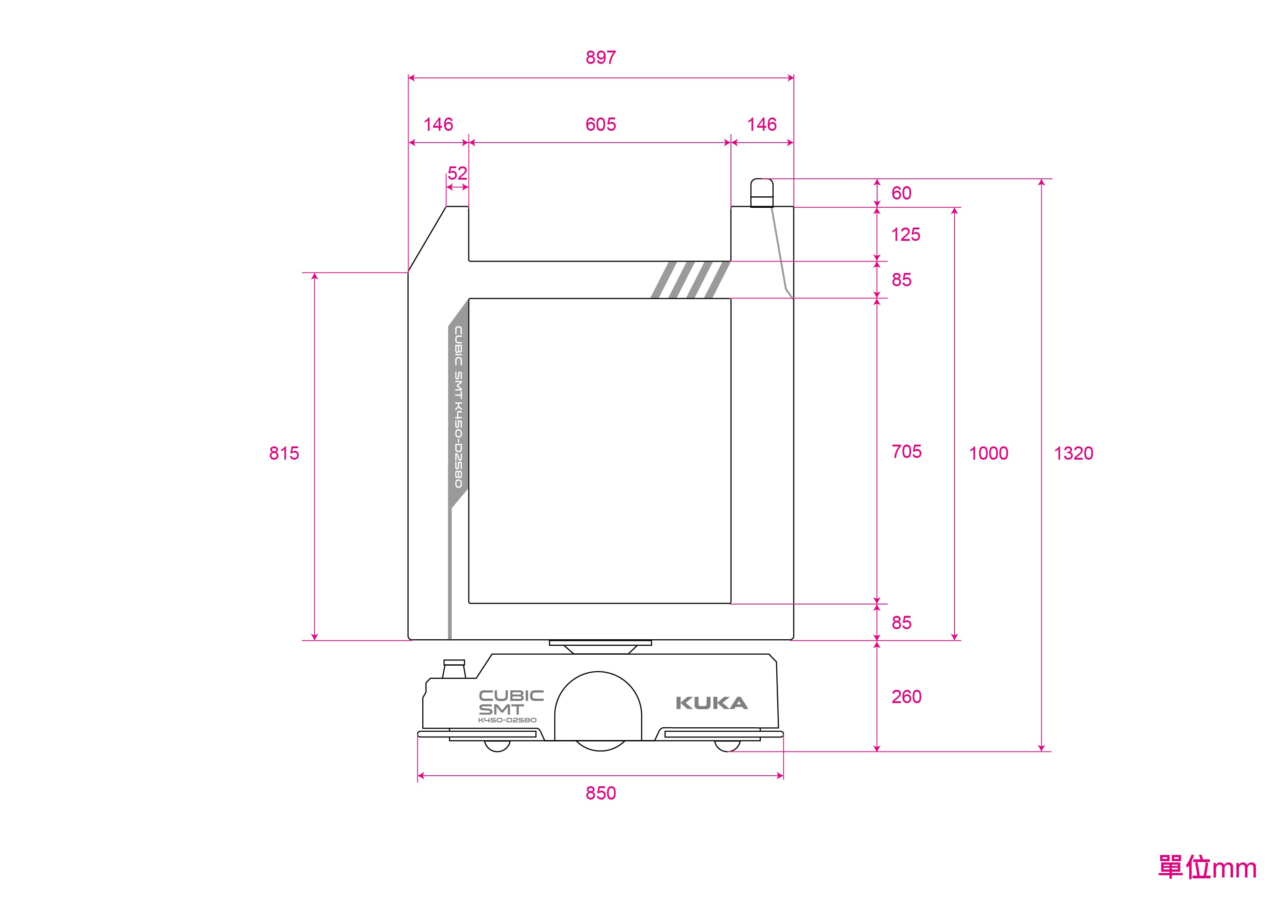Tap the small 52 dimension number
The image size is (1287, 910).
click(x=457, y=173)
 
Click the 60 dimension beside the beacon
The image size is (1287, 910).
click(x=901, y=193)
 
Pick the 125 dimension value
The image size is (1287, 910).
click(x=906, y=234)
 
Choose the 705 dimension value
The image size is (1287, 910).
click(x=907, y=451)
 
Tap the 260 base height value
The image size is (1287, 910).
click(x=907, y=696)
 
